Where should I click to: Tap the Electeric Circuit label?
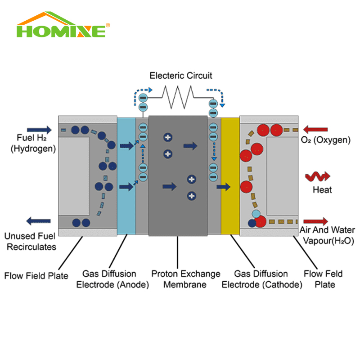click(180, 75)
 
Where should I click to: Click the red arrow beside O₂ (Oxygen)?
click(317, 130)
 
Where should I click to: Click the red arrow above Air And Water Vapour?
click(316, 221)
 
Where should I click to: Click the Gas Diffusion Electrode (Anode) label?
click(109, 279)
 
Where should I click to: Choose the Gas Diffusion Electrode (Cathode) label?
click(261, 279)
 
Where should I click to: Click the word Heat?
click(322, 189)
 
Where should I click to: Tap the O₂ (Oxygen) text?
click(325, 140)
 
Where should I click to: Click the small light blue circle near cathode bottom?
click(256, 214)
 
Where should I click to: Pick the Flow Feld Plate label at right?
click(323, 279)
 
